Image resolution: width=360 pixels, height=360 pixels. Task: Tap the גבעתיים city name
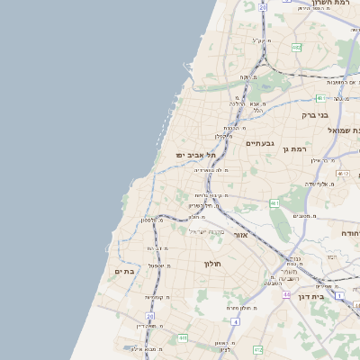pos(259,143)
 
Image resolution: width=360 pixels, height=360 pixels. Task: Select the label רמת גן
pos(295,148)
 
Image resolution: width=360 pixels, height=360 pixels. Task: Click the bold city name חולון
pos(212,264)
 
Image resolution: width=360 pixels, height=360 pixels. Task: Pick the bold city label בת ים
pos(124,271)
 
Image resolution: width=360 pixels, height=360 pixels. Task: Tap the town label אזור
pos(240,235)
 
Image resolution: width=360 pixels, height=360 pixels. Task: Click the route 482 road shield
pos(296,47)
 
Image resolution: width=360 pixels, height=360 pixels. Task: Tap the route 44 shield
pos(286,294)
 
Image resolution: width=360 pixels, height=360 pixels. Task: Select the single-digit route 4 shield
pos(235,320)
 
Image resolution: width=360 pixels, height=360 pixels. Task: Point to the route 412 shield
pos(257,348)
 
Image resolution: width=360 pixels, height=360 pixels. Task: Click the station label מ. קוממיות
pos(157,297)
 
